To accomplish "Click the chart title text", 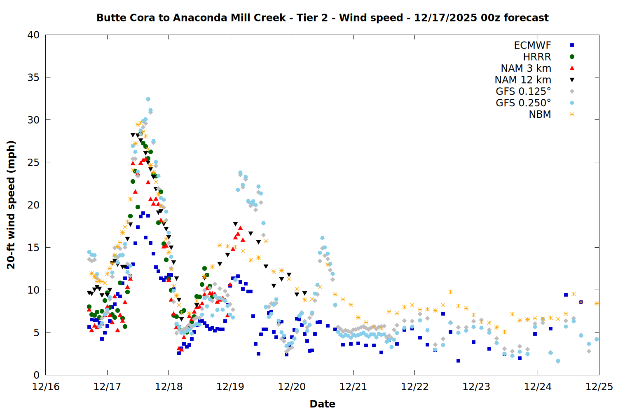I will [322, 18].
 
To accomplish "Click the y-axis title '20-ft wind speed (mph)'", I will [11, 205].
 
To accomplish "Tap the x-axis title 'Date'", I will [322, 404].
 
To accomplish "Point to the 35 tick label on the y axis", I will [33, 77].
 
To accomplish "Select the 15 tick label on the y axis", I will [33, 248].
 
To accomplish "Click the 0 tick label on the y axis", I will [36, 375].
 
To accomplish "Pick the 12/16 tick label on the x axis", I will [46, 387].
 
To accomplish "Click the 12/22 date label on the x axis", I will [415, 387].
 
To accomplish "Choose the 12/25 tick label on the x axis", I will [599, 387].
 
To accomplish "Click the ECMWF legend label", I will [532, 45].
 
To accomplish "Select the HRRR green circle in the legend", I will [572, 57].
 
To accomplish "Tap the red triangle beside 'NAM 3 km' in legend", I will [572, 68].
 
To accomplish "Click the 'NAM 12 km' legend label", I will [523, 80].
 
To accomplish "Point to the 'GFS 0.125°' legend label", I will [523, 91].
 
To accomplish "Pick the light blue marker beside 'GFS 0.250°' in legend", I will [572, 103].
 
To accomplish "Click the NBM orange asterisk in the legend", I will [572, 115].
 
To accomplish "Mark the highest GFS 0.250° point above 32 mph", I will [148, 99].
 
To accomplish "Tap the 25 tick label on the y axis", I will [33, 162].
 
